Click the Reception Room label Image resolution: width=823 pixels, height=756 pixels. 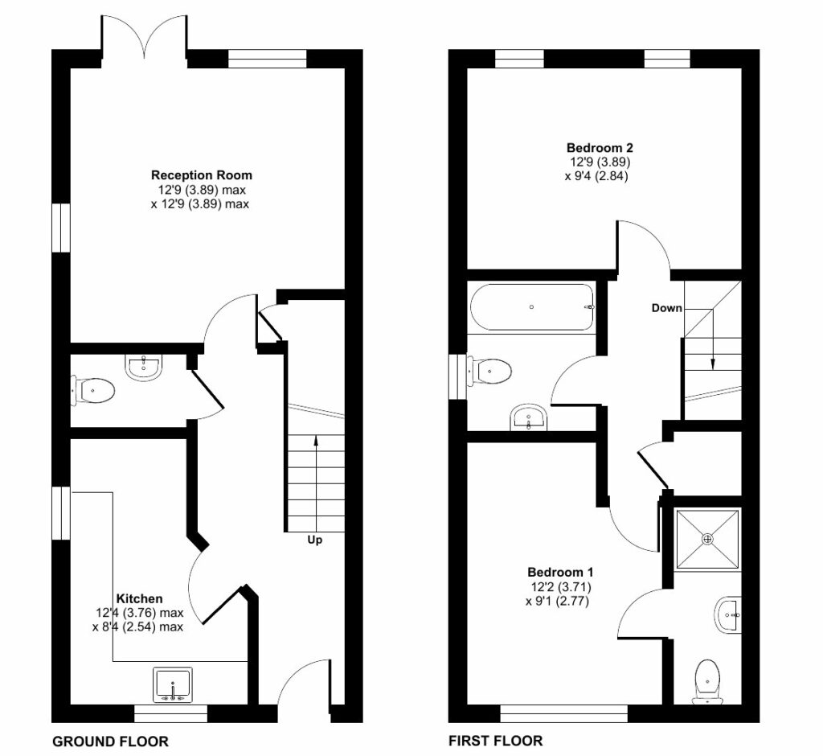click(x=201, y=175)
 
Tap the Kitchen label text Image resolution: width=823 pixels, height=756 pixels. click(x=140, y=598)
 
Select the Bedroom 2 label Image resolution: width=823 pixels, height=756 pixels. click(x=600, y=147)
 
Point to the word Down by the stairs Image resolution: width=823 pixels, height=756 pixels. click(x=666, y=308)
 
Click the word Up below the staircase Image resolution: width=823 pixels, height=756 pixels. click(x=315, y=540)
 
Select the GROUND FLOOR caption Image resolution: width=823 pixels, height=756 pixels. click(x=110, y=741)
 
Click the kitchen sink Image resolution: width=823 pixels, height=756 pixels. click(x=173, y=684)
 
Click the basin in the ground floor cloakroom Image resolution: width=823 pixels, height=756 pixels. click(x=145, y=366)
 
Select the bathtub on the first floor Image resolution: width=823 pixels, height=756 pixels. click(x=533, y=306)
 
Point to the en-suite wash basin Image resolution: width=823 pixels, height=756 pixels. click(x=727, y=616)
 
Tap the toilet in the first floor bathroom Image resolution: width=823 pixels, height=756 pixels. click(x=492, y=371)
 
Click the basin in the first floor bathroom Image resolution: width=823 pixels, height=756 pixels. click(x=529, y=416)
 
